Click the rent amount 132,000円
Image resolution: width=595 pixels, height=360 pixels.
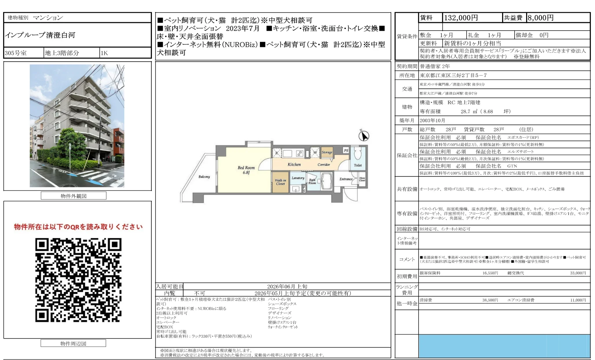pyautogui.click(x=461, y=18)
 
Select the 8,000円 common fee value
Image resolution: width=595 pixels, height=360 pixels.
pyautogui.click(x=540, y=18)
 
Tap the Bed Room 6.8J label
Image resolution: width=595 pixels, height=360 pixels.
pyautogui.click(x=246, y=170)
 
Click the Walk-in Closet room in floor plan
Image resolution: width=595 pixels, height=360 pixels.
pyautogui.click(x=280, y=182)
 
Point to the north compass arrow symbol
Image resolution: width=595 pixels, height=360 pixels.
pyautogui.click(x=364, y=135)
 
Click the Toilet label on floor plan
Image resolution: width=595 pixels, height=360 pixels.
pyautogui.click(x=358, y=165)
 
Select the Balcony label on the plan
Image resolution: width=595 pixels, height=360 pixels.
pyautogui.click(x=204, y=177)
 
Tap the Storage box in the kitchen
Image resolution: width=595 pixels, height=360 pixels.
pyautogui.click(x=327, y=152)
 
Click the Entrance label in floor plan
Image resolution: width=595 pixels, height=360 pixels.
pyautogui.click(x=346, y=179)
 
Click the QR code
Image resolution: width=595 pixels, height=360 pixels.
pyautogui.click(x=78, y=280)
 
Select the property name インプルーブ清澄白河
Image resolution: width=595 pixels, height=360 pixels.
pyautogui.click(x=40, y=35)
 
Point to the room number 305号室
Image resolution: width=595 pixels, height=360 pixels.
pyautogui.click(x=16, y=53)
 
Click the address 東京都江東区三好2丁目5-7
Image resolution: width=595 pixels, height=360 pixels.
pyautogui.click(x=453, y=76)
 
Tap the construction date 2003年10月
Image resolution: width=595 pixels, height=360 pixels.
pyautogui.click(x=432, y=121)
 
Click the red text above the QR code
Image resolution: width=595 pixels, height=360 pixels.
pyautogui.click(x=78, y=227)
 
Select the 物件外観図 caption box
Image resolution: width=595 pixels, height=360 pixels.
pyautogui.click(x=74, y=196)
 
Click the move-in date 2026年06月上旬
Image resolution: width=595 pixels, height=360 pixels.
pyautogui.click(x=287, y=286)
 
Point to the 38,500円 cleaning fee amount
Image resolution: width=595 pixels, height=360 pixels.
pyautogui.click(x=490, y=300)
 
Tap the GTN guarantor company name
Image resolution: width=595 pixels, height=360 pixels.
pyautogui.click(x=512, y=166)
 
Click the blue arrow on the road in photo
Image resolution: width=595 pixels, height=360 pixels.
pyautogui.click(x=95, y=181)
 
